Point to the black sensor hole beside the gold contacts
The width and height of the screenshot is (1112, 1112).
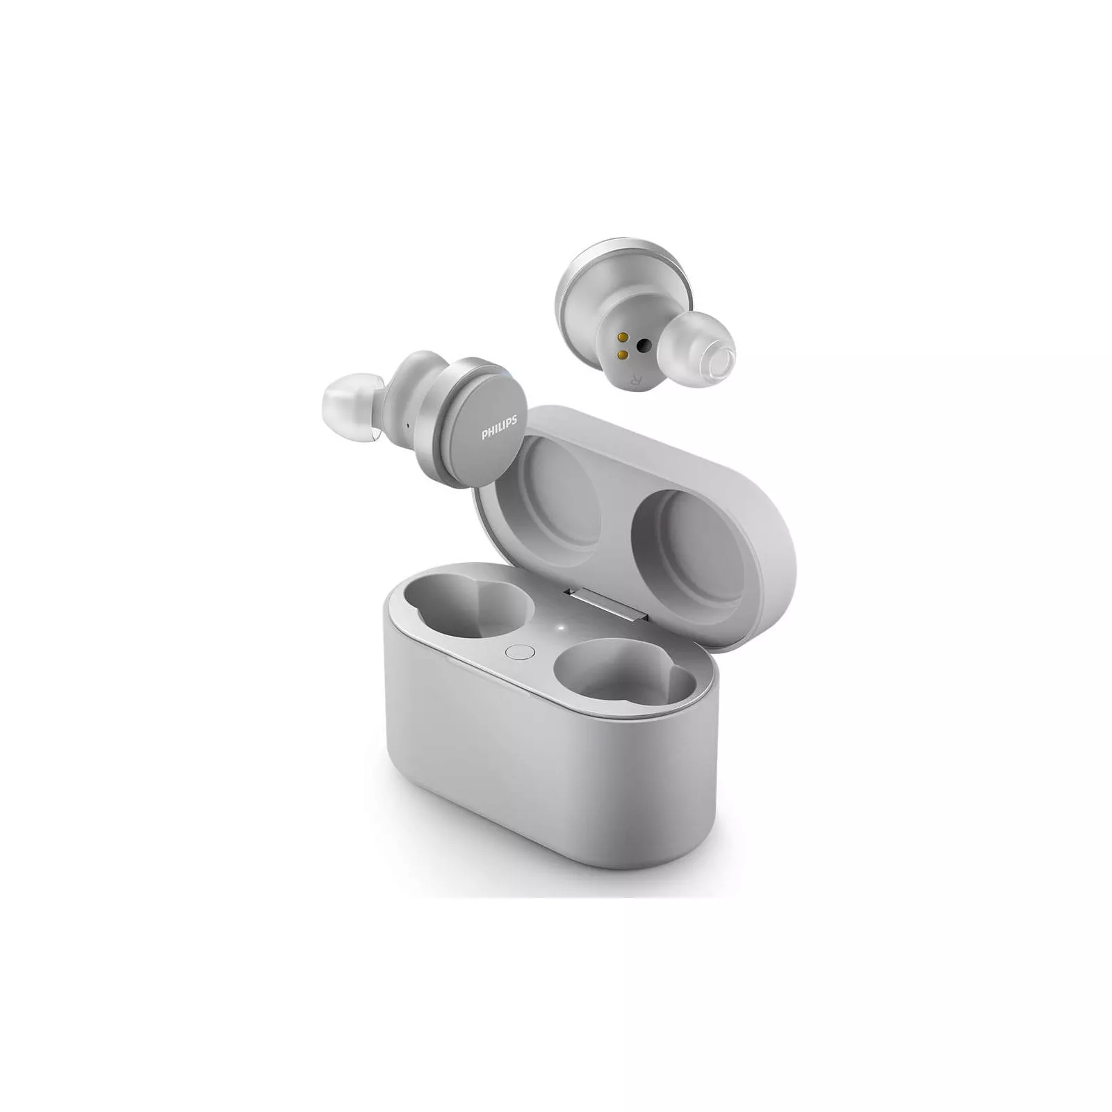(641, 343)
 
